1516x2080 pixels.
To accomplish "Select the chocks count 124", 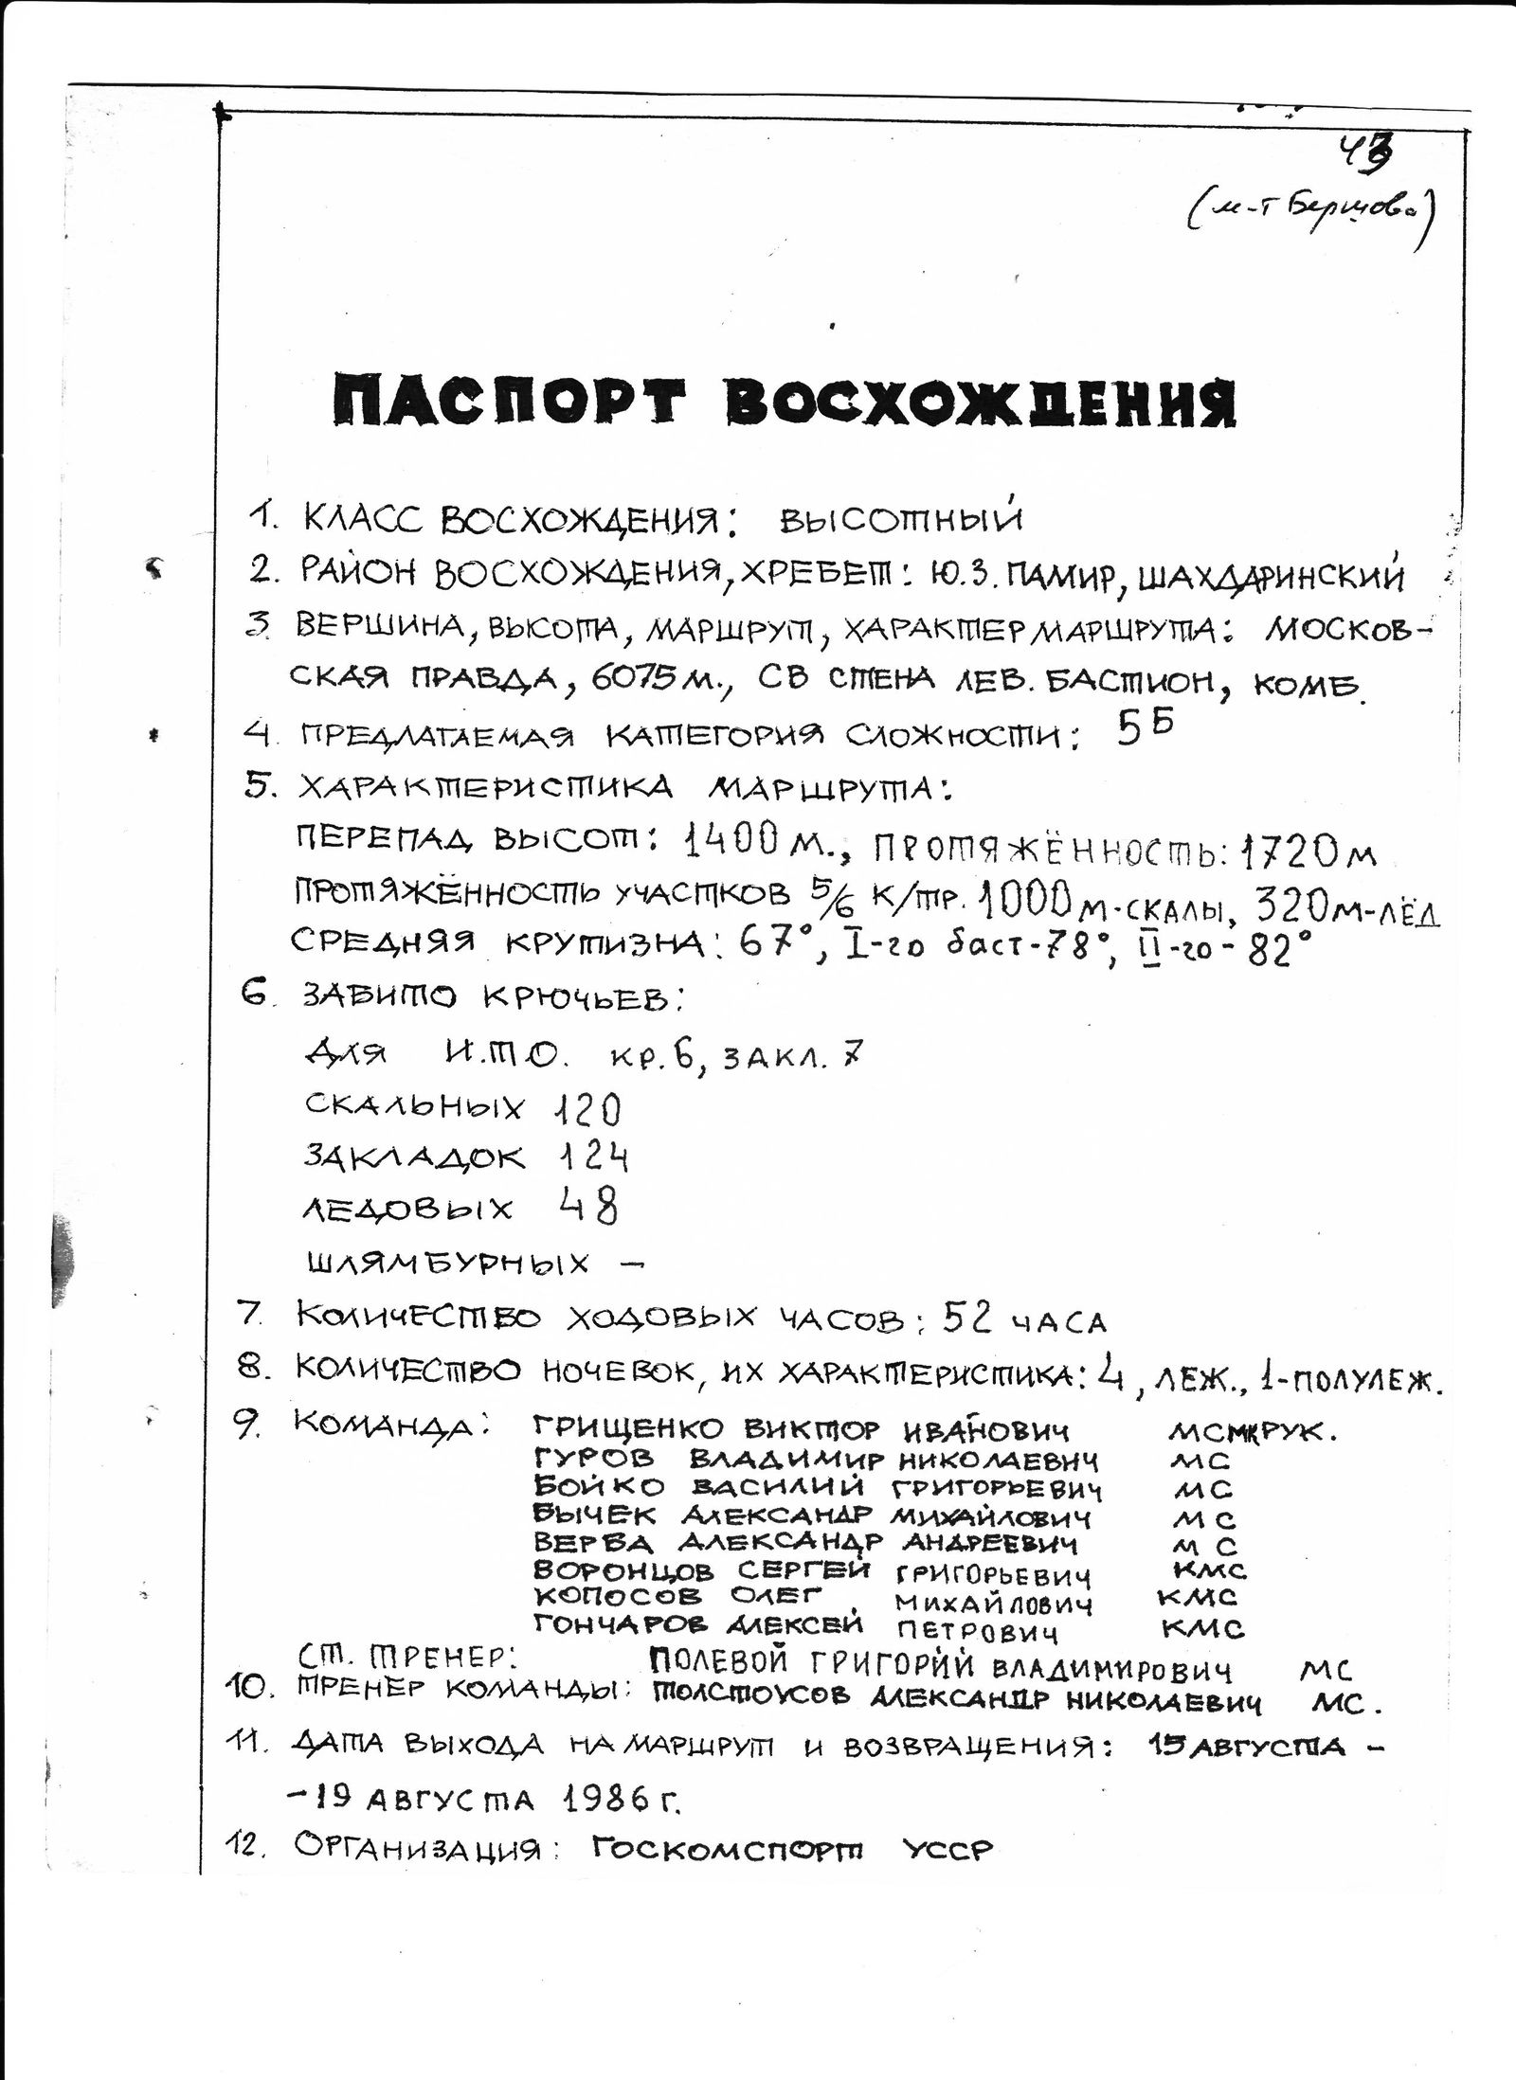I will coord(590,1157).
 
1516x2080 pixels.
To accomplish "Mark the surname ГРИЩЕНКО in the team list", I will coord(629,1429).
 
